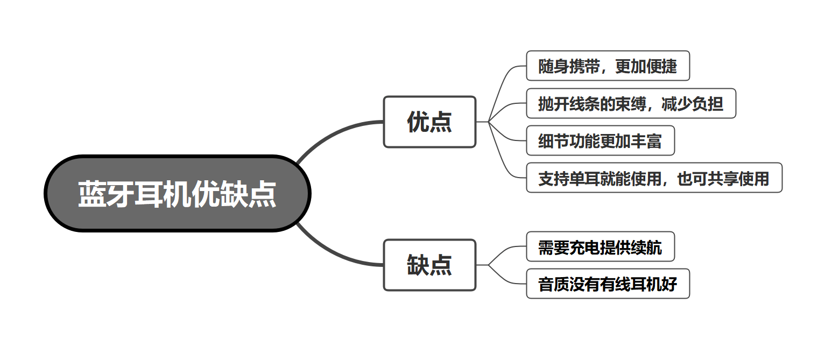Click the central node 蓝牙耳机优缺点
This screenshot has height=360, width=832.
pos(178,194)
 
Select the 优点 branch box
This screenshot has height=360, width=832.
pos(429,122)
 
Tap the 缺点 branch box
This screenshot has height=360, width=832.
pos(429,265)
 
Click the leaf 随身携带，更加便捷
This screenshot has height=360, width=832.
pos(608,66)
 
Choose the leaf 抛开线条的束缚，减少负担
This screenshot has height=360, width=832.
pos(631,103)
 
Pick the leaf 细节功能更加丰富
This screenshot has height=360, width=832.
pos(600,140)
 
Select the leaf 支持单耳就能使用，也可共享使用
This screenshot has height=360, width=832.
pos(654,178)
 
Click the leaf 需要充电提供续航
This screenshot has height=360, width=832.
pos(600,247)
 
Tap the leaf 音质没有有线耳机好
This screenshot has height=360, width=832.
pos(608,284)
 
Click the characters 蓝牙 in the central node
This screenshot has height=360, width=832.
pos(105,194)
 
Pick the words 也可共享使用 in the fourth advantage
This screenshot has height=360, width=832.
pos(723,178)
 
